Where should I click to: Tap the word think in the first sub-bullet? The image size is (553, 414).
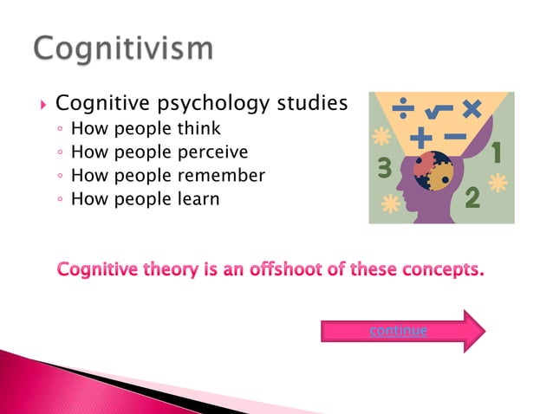tap(201, 129)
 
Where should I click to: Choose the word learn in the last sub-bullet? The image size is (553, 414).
tap(200, 199)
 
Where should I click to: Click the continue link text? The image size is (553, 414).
tap(398, 330)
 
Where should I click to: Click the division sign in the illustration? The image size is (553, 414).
tap(402, 110)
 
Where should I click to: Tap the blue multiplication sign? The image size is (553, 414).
tap(472, 109)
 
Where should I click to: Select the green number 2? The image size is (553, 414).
tap(473, 198)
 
